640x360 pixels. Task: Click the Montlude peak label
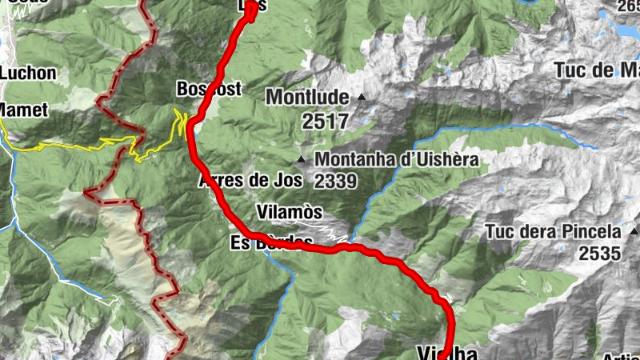coord(307,97)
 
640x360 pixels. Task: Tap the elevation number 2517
coord(326,122)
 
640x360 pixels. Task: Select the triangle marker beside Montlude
coord(361,97)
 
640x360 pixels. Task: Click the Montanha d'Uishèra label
coord(396,159)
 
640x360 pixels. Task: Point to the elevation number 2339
coord(335,182)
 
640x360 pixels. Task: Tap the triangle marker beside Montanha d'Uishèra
coord(302,159)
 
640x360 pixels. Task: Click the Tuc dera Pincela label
coord(553,232)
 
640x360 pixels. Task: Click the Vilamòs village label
coord(290,212)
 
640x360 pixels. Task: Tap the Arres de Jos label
coord(250,180)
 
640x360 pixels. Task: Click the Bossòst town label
coord(208,89)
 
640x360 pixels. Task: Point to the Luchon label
coord(28,73)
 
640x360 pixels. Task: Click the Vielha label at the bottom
coord(447,353)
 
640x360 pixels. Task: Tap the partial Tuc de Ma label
coord(596,70)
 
